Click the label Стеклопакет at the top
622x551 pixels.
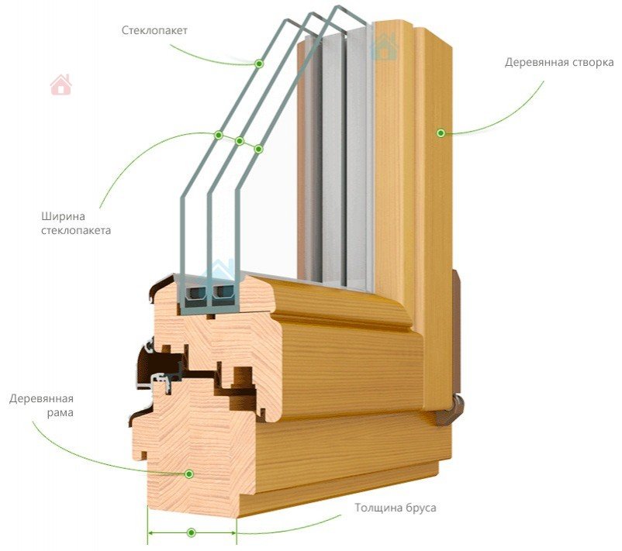(155, 30)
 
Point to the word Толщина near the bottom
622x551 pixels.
(378, 508)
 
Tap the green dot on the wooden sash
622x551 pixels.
(441, 133)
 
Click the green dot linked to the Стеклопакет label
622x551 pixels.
(259, 64)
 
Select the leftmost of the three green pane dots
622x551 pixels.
(219, 135)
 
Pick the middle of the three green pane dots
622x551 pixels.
(240, 141)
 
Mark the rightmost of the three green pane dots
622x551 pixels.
(259, 148)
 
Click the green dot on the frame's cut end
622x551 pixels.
(188, 473)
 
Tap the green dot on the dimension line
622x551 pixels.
(191, 533)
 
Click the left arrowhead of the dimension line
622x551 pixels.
(150, 533)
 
